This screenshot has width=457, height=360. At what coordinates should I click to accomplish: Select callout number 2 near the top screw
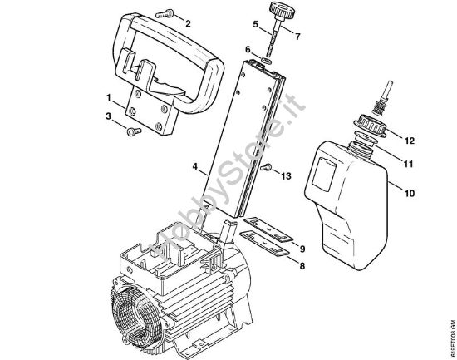[187, 23]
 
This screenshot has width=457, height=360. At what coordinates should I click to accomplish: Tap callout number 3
[107, 116]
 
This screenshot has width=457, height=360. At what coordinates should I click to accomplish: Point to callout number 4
[195, 167]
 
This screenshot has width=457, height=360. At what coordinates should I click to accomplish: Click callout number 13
[287, 175]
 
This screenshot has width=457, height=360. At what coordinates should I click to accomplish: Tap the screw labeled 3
[132, 130]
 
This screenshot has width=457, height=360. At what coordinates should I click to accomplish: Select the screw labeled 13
[267, 169]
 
